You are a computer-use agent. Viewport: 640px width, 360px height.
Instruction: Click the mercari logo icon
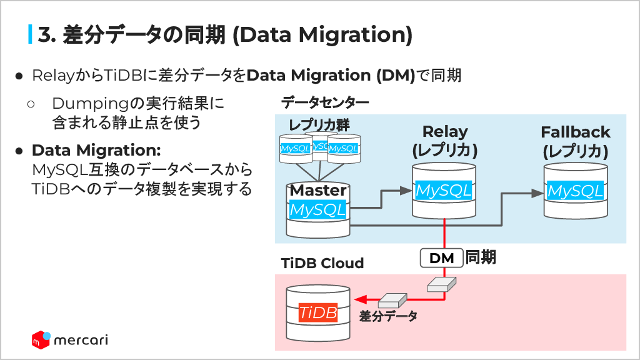point(41,339)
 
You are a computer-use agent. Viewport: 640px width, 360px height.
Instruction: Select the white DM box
point(442,257)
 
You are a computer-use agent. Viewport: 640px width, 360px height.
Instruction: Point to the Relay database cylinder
point(444,190)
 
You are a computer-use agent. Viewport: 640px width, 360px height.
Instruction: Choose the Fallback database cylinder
point(575,190)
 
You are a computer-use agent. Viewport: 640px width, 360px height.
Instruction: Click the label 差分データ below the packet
point(388,316)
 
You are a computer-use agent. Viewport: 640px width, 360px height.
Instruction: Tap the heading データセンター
point(325,102)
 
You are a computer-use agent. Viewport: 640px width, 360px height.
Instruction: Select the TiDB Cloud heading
point(322,263)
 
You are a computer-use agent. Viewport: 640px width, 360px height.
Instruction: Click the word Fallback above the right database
point(575,132)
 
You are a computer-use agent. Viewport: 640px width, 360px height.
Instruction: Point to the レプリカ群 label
point(319,124)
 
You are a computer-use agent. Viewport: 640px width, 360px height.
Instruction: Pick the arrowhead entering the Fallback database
point(537,194)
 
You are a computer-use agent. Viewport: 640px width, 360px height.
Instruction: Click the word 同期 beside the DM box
point(481,257)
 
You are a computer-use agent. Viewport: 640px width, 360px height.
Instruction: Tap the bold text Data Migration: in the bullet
point(96,151)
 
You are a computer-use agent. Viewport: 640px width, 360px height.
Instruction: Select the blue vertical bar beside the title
point(30,34)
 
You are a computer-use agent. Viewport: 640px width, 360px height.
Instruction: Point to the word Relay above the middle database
point(444,132)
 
